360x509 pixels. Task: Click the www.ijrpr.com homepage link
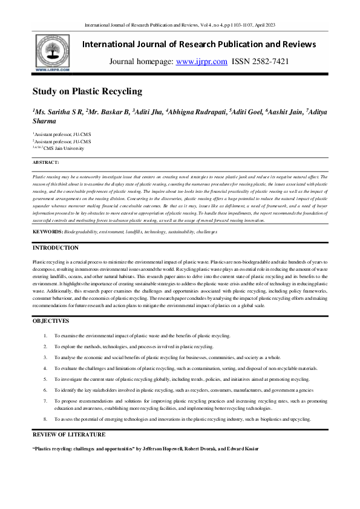point(201,62)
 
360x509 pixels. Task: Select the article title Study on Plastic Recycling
point(87,92)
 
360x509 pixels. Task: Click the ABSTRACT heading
point(46,163)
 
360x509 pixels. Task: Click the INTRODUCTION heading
point(55,248)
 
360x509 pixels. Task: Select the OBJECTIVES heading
point(51,321)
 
